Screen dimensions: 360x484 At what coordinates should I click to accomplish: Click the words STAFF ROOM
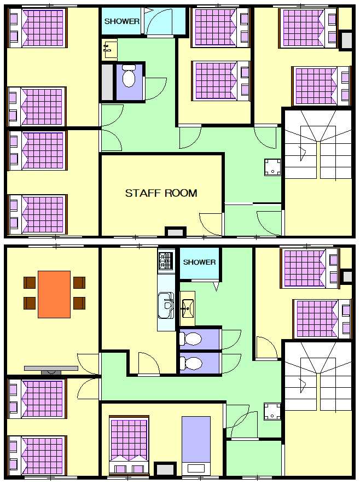click(161, 193)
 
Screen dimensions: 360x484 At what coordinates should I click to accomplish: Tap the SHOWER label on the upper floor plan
click(121, 21)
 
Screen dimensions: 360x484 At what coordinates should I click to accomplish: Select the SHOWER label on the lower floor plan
click(199, 262)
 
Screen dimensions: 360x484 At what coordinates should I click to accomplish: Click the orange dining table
click(54, 294)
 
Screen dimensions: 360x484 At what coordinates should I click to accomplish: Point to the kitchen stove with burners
click(166, 261)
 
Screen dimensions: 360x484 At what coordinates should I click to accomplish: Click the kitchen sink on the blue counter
click(166, 305)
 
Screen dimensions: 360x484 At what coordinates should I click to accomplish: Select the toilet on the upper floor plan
click(129, 75)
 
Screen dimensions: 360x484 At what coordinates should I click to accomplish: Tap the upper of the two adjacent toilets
click(191, 339)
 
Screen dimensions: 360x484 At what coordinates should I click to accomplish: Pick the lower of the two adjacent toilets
click(191, 363)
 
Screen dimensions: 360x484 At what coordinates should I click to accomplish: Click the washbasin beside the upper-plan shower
click(109, 49)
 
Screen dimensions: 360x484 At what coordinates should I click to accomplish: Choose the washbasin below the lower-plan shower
click(187, 308)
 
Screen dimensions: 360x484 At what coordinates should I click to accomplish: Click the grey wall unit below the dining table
click(51, 370)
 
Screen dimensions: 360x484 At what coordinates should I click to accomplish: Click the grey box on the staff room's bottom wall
click(175, 232)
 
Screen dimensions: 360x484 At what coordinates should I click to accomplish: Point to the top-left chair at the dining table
click(30, 282)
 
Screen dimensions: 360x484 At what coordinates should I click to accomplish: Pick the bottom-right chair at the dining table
click(79, 303)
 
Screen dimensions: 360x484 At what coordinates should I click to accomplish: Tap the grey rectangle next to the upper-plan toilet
click(107, 82)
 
